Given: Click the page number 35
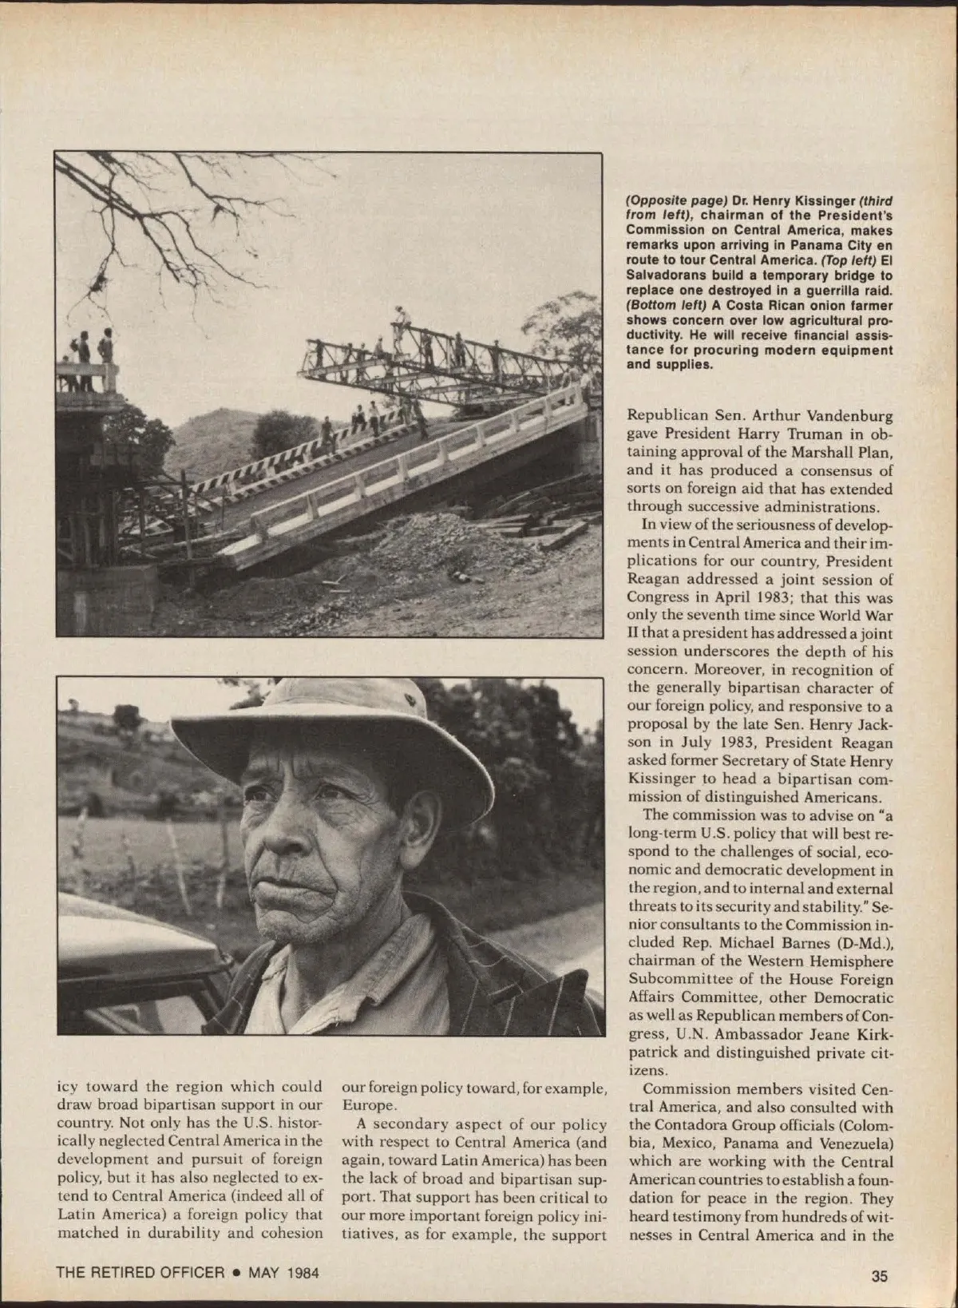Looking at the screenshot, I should (879, 1276).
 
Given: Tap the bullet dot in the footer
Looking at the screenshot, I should (236, 1272).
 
